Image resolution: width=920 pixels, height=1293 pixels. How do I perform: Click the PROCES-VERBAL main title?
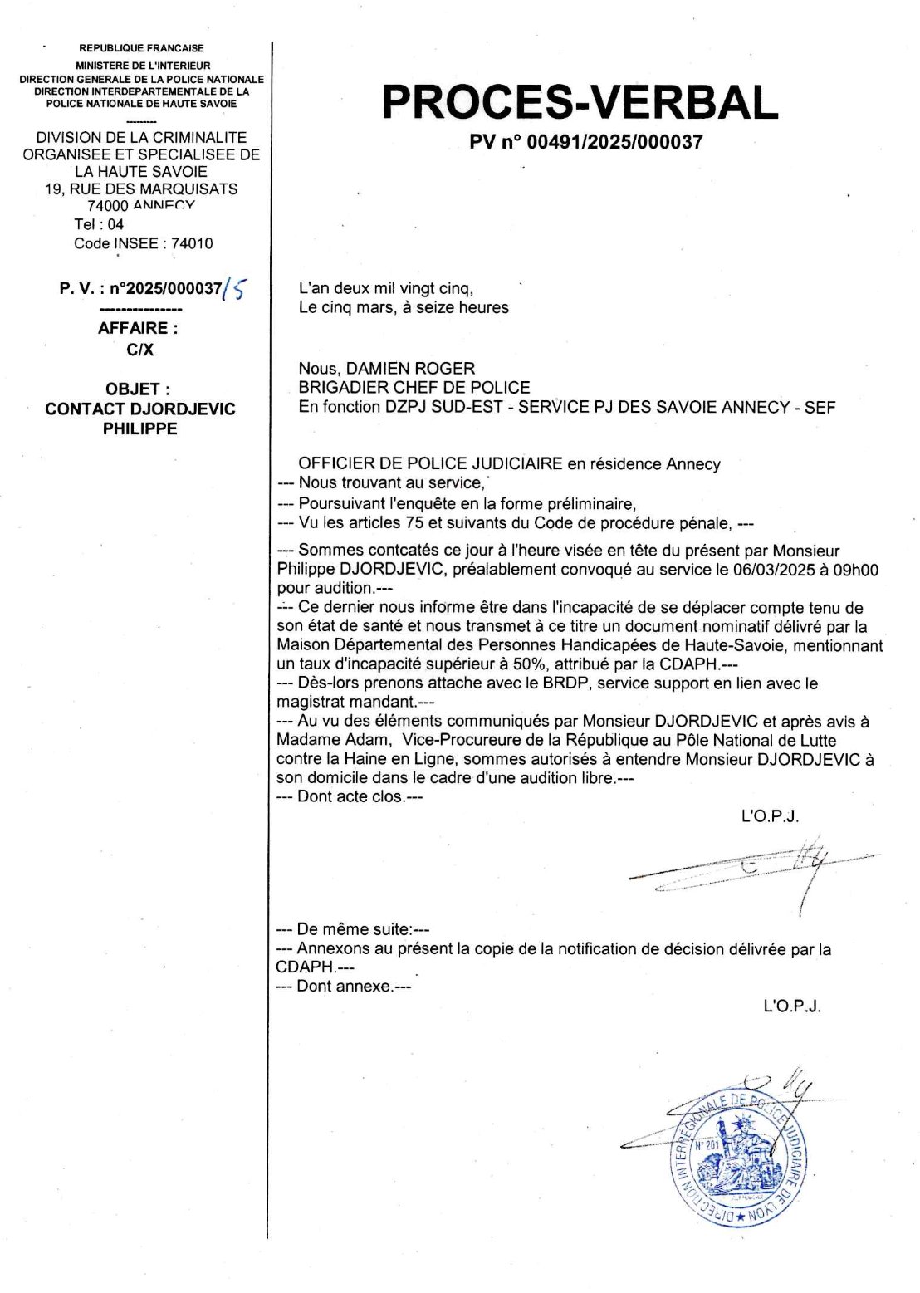[580, 102]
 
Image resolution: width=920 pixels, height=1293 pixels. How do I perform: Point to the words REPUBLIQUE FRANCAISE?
[141, 48]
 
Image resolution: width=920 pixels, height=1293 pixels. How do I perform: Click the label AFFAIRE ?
[138, 328]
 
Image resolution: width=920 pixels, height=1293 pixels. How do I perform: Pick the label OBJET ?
[138, 389]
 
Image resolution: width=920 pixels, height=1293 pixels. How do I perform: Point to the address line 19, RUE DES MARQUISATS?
[141, 189]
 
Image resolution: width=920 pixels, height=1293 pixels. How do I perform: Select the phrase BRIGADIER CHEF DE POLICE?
[414, 387]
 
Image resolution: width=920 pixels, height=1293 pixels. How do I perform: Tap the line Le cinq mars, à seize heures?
[404, 307]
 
